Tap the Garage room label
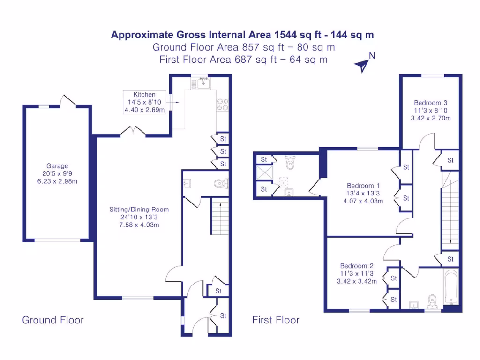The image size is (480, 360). (x=57, y=166)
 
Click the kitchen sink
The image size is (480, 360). (x=203, y=83)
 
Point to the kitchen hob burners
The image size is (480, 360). (x=222, y=104)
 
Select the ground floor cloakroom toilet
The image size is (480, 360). (x=220, y=183)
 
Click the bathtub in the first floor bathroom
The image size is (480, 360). (x=451, y=286)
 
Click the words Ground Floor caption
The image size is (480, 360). (x=53, y=320)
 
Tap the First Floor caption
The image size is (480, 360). (x=276, y=320)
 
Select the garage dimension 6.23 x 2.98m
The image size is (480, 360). (x=57, y=181)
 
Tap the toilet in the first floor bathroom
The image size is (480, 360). (x=432, y=301)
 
